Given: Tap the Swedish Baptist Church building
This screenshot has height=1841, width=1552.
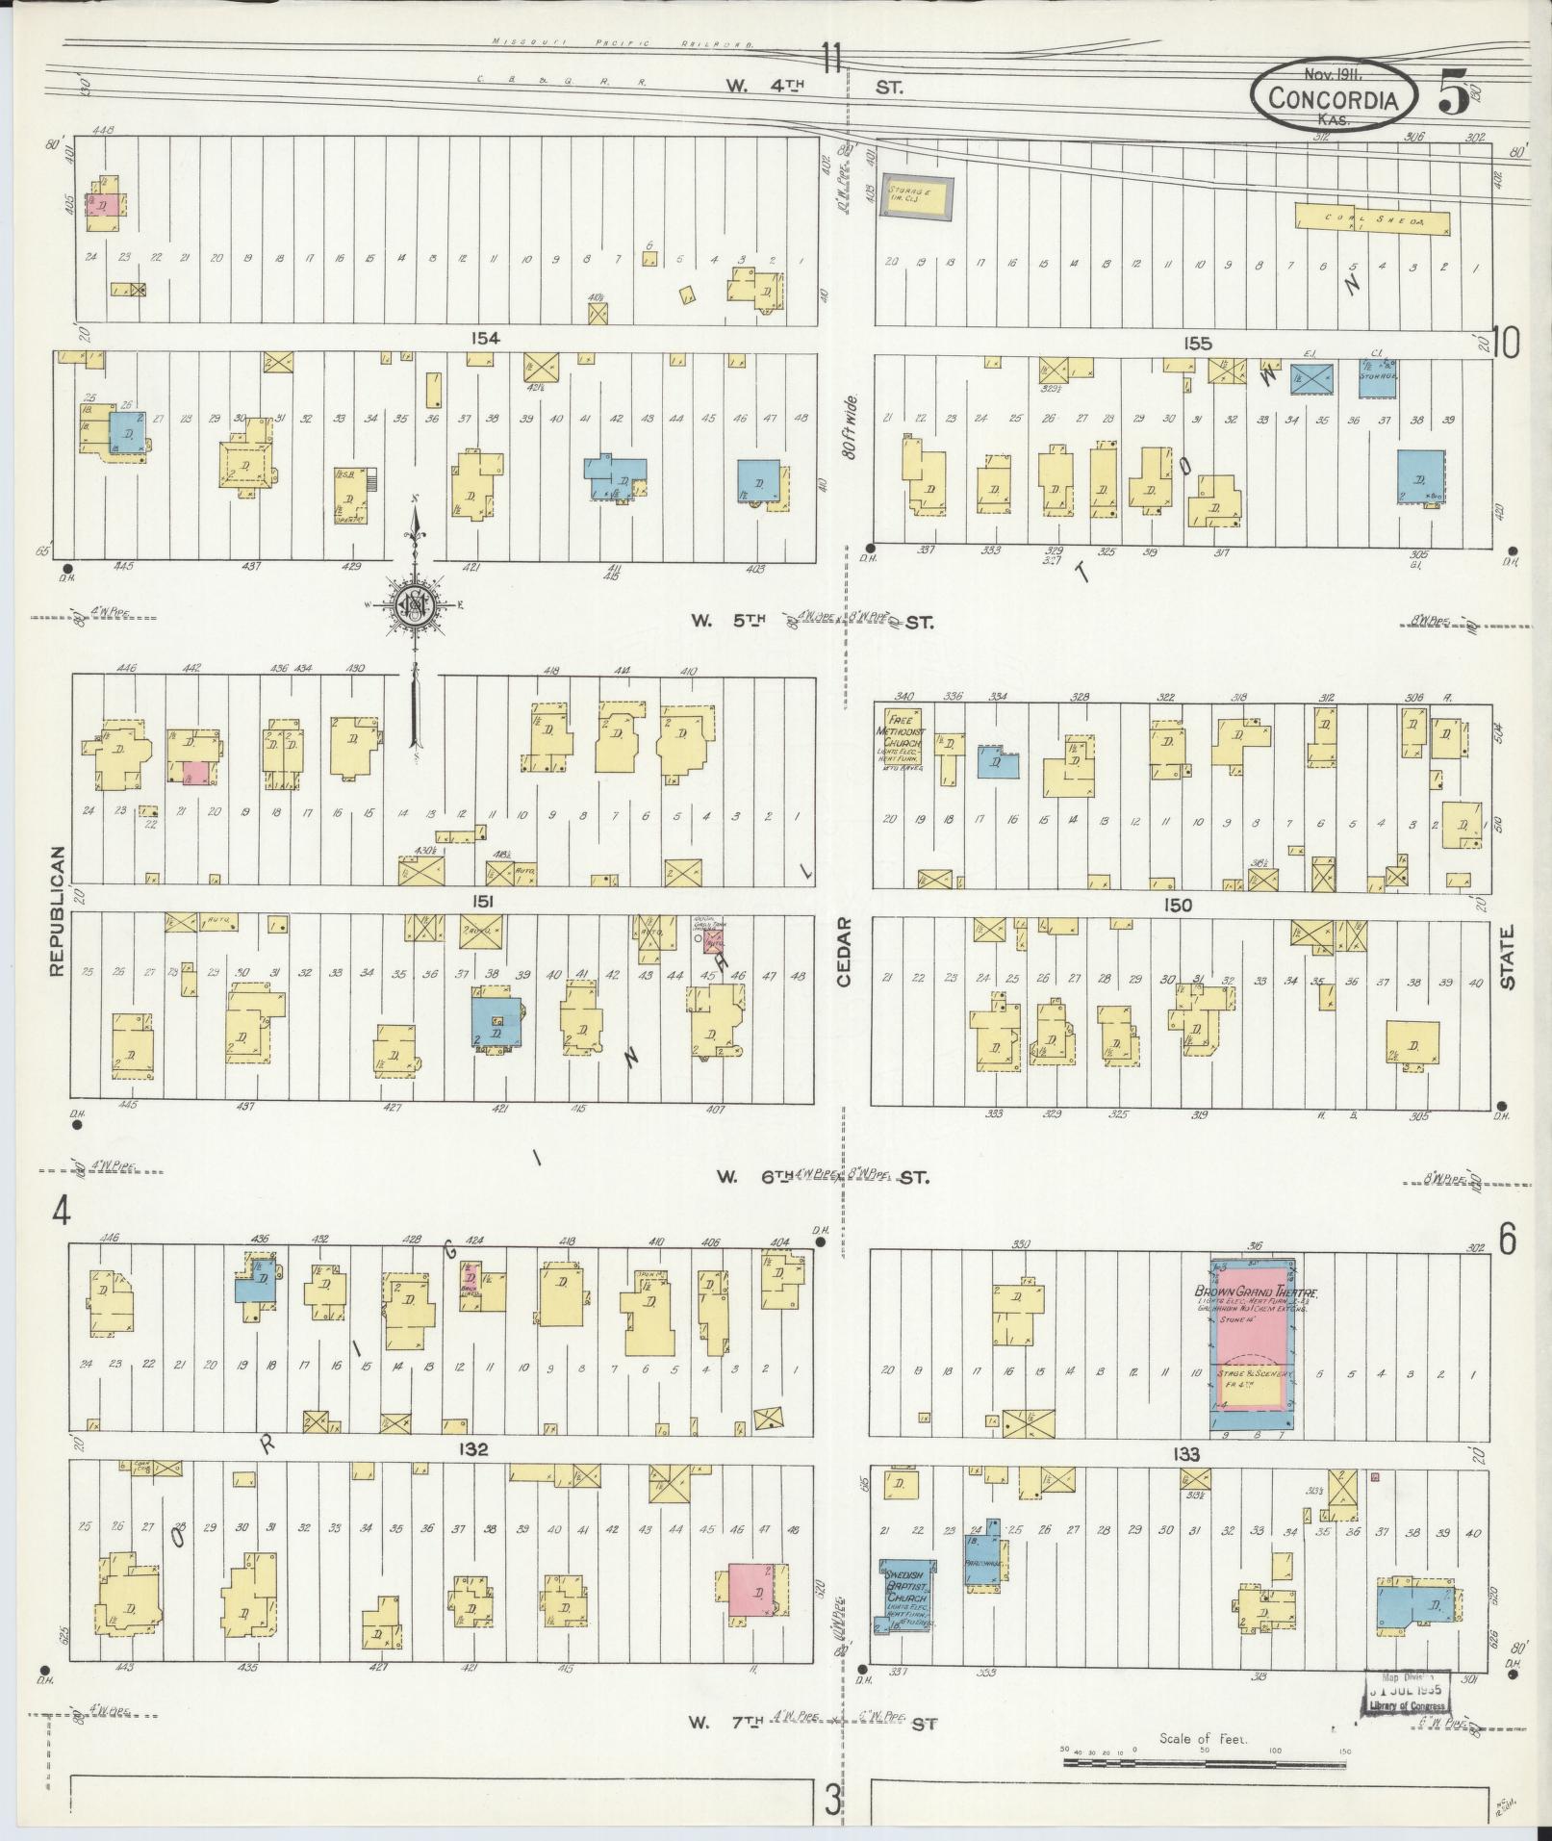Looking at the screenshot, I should click(906, 1597).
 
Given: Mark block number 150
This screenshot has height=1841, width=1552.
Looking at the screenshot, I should click(1177, 905).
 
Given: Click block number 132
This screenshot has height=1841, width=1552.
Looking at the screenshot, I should click(474, 1450).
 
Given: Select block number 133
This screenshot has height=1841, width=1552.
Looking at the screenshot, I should click(1186, 1454).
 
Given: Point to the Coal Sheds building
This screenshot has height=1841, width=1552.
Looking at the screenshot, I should click(1372, 218).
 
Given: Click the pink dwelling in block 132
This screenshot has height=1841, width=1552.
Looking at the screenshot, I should click(752, 1593).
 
